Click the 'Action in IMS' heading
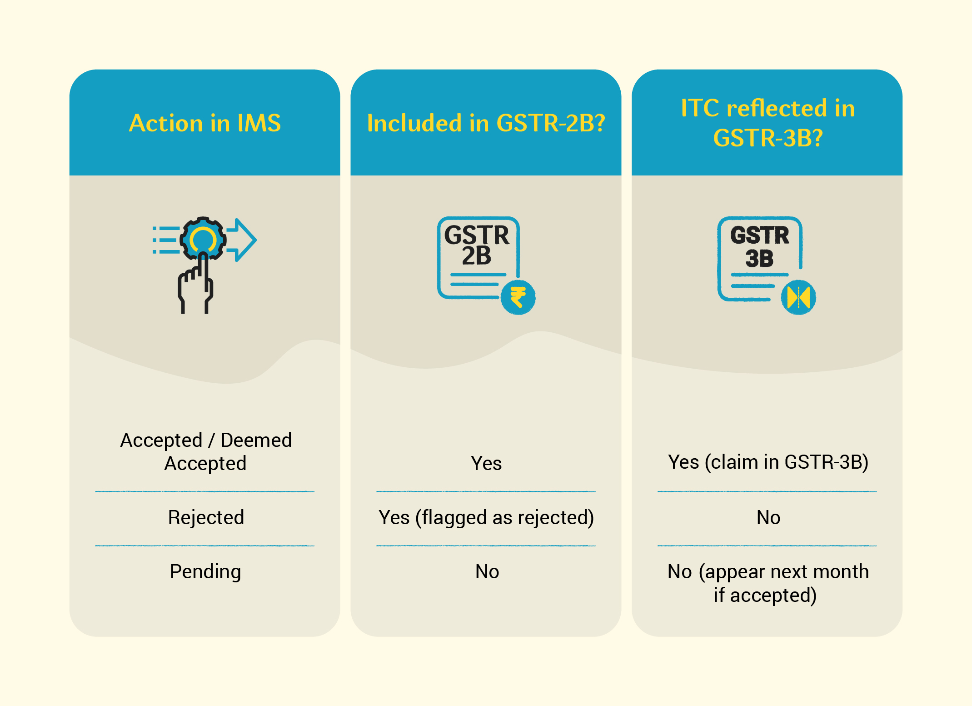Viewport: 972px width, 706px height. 205,123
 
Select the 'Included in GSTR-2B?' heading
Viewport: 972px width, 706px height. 486,123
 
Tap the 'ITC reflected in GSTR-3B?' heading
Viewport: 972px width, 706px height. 768,123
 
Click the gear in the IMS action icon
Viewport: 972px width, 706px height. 203,239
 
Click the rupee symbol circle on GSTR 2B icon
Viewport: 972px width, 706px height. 518,297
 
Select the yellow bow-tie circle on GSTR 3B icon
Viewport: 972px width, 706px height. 798,297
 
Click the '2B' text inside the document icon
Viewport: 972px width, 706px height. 477,255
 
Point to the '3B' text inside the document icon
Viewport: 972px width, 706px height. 759,259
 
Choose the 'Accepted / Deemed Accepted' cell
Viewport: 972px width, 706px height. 206,451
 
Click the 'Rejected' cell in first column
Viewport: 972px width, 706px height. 206,517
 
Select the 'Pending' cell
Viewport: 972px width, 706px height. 205,572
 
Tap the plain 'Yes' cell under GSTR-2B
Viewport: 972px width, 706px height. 486,463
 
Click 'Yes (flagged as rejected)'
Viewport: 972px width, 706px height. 486,518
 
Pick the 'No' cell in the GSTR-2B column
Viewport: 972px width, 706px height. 487,571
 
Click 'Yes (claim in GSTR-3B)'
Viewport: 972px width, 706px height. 768,462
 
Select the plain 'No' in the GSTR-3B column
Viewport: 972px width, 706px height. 768,517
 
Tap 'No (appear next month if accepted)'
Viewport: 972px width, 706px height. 768,583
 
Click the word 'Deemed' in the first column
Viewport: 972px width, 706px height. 256,440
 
